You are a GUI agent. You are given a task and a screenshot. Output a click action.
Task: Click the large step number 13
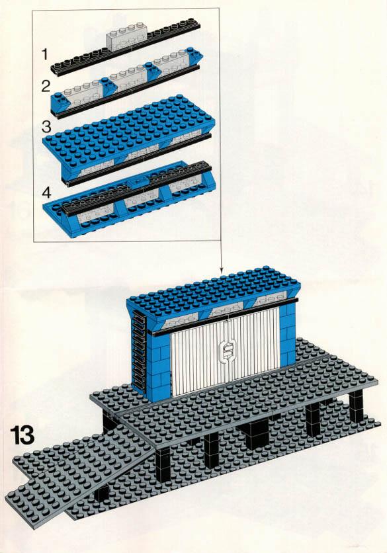(x=22, y=435)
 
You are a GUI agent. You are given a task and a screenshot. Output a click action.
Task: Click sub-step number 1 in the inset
(x=44, y=54)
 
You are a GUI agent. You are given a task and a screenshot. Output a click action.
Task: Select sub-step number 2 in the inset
(x=46, y=87)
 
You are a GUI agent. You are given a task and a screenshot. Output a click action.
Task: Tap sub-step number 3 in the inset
(x=46, y=126)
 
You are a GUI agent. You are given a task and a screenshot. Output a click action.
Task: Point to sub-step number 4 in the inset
(x=46, y=192)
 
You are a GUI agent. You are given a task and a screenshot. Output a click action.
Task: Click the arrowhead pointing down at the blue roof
(x=221, y=269)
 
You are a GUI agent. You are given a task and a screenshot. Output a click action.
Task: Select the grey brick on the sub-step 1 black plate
(x=126, y=35)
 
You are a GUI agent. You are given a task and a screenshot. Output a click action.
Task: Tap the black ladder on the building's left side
(x=138, y=353)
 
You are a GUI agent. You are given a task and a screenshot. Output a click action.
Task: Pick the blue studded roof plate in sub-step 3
(x=129, y=130)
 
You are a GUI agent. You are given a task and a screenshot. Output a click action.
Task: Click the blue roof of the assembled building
(x=212, y=290)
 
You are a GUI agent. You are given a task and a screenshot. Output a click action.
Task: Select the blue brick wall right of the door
(x=288, y=335)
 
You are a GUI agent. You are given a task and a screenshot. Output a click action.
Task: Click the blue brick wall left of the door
(x=158, y=366)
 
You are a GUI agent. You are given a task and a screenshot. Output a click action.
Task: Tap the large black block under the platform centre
(x=255, y=435)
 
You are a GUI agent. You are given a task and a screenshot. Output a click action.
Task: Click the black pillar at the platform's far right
(x=356, y=407)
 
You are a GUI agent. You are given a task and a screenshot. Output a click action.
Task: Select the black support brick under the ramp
(x=102, y=493)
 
